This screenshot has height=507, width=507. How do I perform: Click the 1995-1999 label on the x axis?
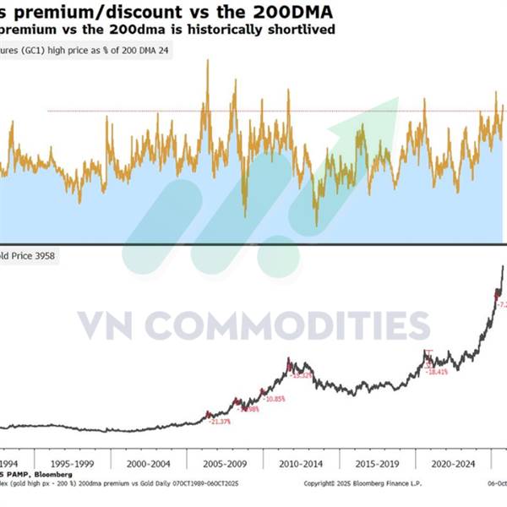(x=72, y=464)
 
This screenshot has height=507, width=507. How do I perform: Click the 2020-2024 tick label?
(x=451, y=464)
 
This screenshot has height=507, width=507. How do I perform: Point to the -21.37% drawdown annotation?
(x=220, y=421)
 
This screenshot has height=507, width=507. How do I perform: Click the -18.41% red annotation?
(x=438, y=372)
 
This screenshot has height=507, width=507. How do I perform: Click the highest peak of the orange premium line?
(x=207, y=62)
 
